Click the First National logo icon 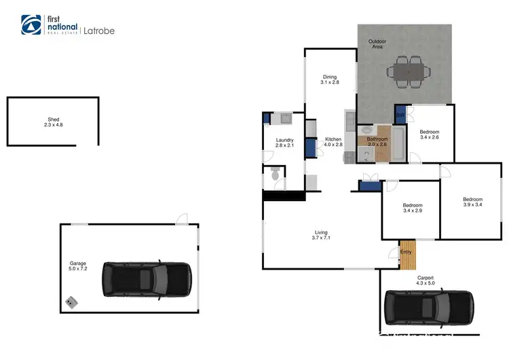[x=31, y=25]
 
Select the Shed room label [x=52, y=120]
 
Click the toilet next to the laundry [x=275, y=175]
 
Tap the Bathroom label [x=377, y=139]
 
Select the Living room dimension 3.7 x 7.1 [x=320, y=238]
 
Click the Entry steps [x=407, y=253]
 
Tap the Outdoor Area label [x=378, y=43]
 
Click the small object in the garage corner [x=71, y=301]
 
